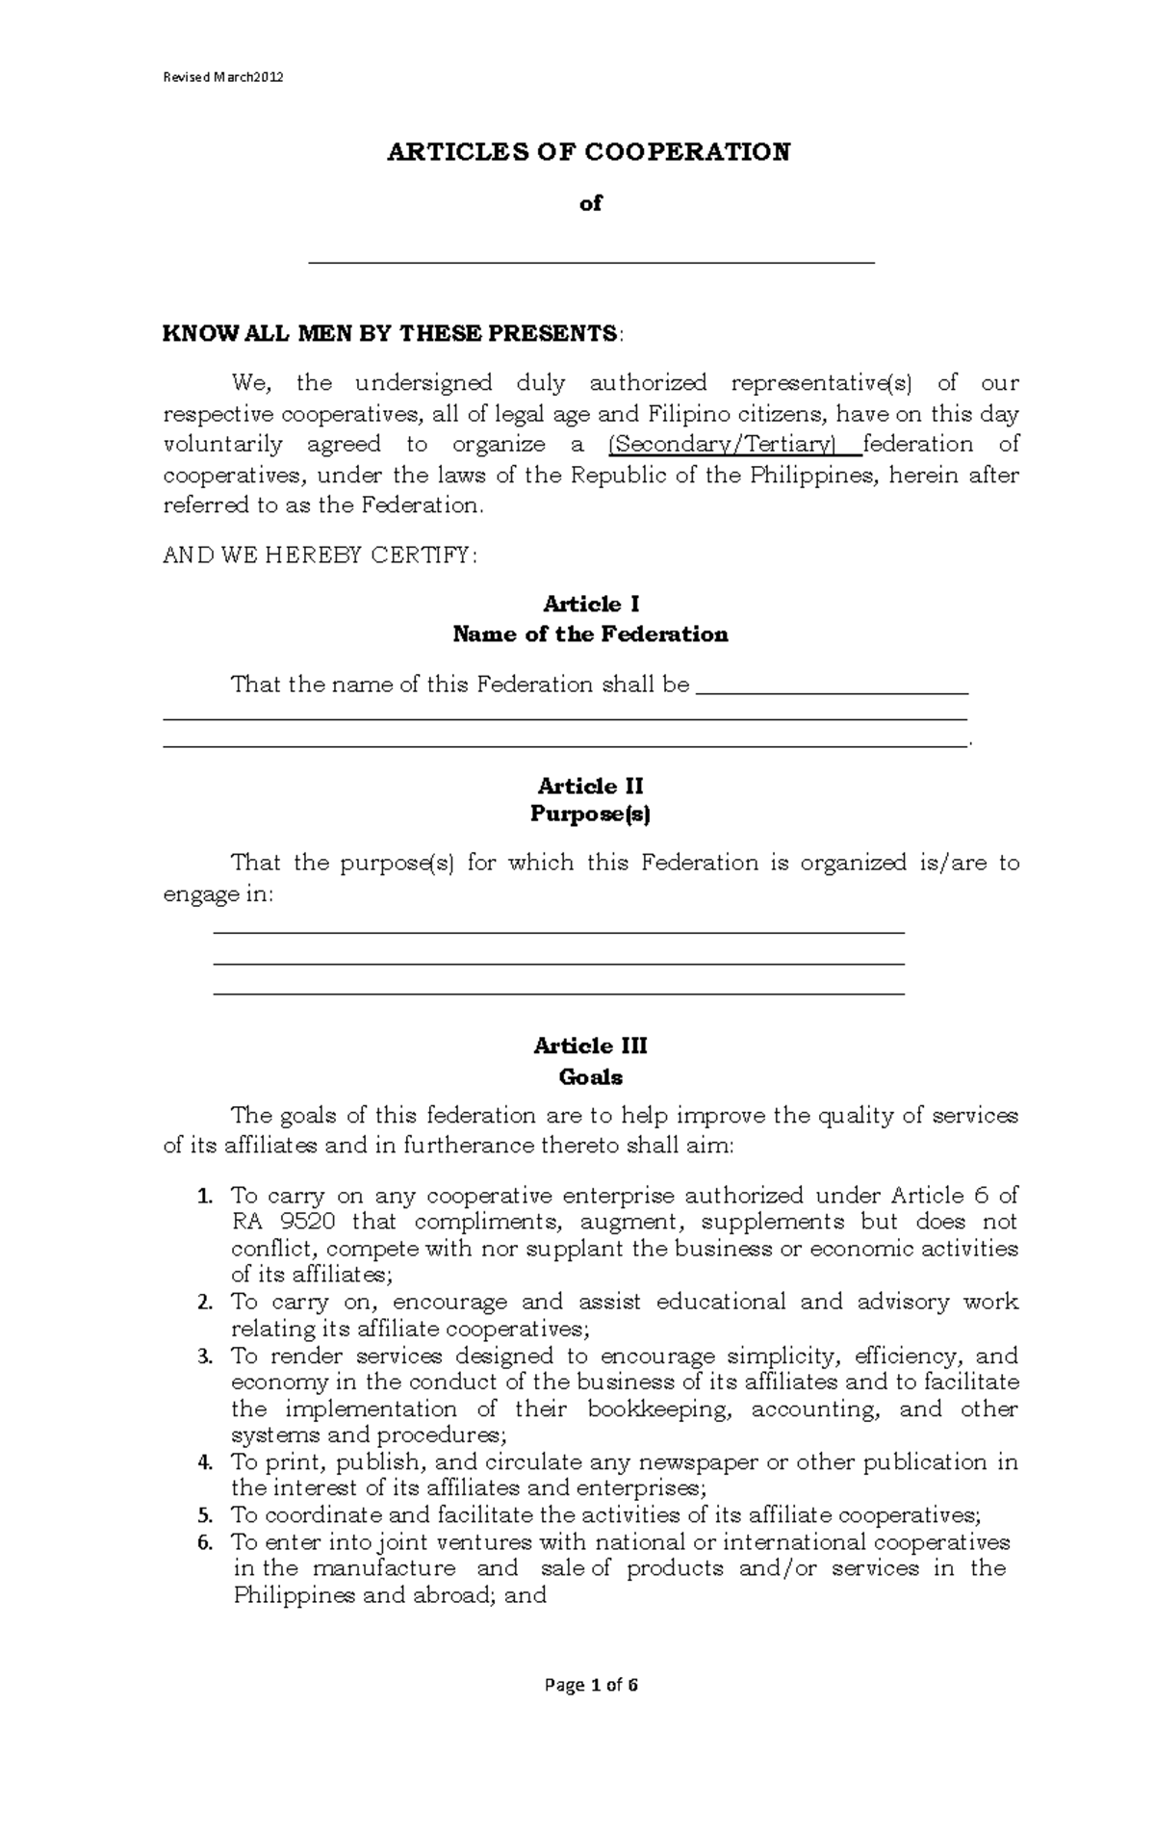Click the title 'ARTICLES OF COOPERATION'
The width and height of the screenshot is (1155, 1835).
click(588, 152)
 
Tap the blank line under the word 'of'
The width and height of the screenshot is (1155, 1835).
click(590, 261)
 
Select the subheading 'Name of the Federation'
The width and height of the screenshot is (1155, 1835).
click(590, 634)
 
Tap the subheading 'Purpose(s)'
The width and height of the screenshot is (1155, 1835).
click(590, 814)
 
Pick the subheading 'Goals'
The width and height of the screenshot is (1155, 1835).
click(590, 1076)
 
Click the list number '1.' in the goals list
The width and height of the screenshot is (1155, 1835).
click(203, 1197)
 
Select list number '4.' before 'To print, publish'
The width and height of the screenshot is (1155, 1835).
click(203, 1463)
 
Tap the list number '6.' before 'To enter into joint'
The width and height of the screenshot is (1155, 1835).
click(203, 1543)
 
